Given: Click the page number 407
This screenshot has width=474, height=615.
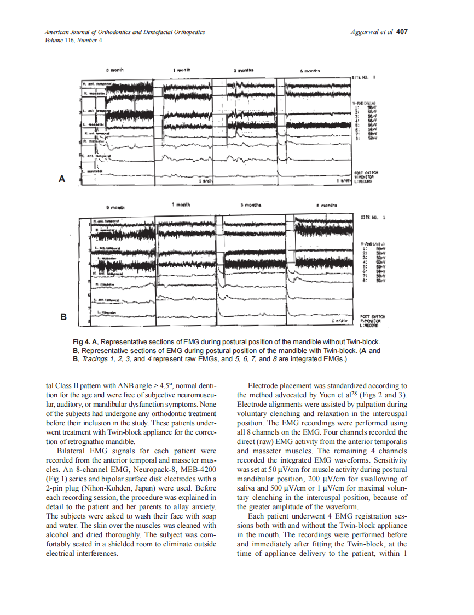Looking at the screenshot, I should tap(402, 32).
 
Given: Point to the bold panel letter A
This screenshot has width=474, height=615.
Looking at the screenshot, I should tap(62, 179).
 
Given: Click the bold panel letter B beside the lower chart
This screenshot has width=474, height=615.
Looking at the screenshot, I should tap(63, 317).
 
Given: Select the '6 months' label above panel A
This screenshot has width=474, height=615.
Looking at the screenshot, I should tap(310, 71).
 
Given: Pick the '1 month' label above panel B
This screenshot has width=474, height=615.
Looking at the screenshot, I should tap(181, 204).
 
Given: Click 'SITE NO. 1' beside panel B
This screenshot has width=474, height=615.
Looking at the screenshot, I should tap(373, 218).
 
